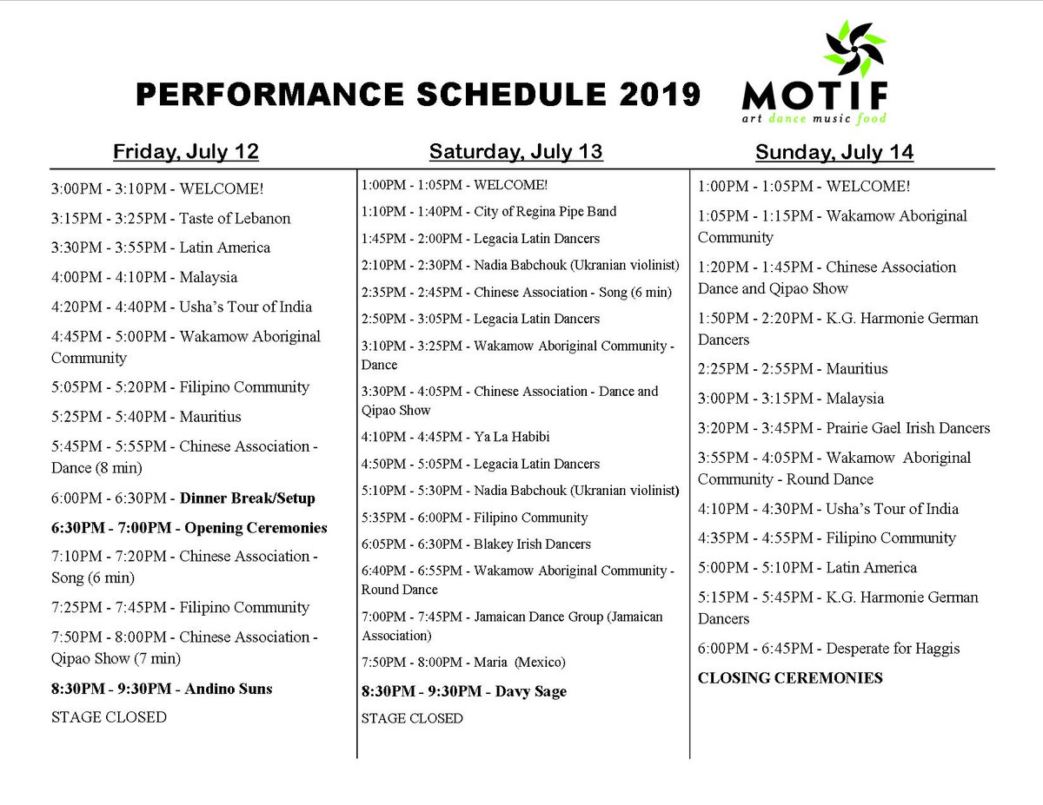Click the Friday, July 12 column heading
click(185, 152)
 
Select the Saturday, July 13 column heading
click(515, 152)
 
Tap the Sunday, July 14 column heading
click(834, 153)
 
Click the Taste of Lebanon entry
click(171, 218)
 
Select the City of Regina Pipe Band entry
click(489, 211)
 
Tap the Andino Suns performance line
click(162, 689)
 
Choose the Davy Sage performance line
click(464, 691)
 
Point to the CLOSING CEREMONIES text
click(790, 678)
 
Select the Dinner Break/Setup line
click(183, 498)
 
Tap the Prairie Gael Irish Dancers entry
click(844, 428)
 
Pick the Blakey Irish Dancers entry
click(476, 544)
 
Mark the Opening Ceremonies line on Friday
click(189, 528)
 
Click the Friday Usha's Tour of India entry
click(182, 307)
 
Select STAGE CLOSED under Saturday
click(412, 718)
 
